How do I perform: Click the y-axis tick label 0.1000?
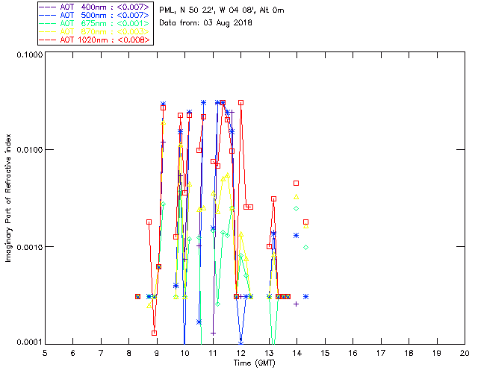[27, 55]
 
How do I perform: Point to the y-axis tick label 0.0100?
[27, 151]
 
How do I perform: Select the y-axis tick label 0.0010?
[27, 247]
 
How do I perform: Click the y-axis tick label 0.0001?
[27, 342]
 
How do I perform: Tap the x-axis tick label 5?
[45, 353]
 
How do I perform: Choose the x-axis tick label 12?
[240, 353]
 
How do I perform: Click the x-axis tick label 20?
[465, 353]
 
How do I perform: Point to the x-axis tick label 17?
[381, 353]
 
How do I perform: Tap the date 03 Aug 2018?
[227, 23]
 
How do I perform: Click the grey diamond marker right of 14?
[305, 247]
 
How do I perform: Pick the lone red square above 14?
[297, 183]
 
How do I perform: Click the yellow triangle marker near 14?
[297, 197]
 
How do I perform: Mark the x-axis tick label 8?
[128, 353]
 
